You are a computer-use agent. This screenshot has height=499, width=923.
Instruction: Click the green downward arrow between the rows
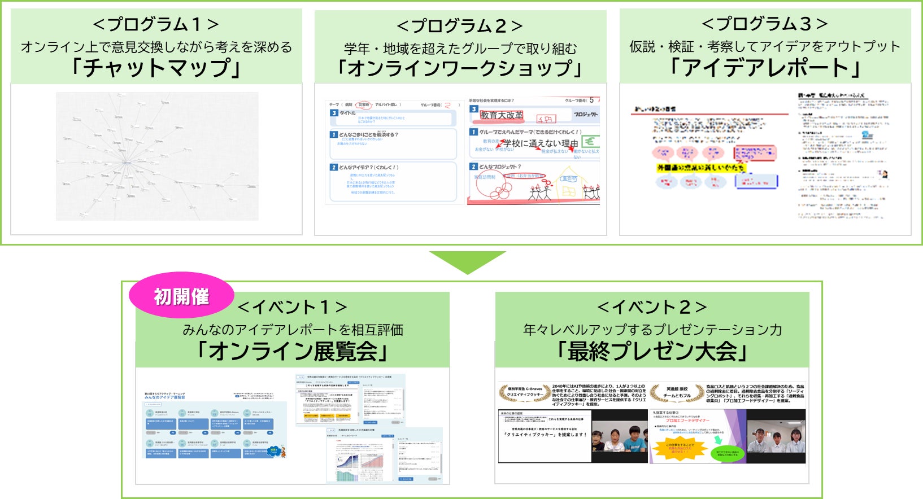click(x=467, y=261)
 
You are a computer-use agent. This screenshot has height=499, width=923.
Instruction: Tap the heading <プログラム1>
click(x=156, y=24)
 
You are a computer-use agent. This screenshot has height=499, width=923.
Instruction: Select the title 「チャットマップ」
click(x=156, y=68)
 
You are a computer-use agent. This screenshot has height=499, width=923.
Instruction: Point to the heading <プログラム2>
click(x=460, y=26)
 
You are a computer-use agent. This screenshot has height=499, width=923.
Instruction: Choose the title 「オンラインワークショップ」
click(x=460, y=68)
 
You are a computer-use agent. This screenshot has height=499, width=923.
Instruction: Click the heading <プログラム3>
click(x=765, y=24)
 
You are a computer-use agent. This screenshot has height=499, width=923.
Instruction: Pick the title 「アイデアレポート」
click(x=765, y=68)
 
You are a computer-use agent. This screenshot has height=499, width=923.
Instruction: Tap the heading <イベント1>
click(x=292, y=307)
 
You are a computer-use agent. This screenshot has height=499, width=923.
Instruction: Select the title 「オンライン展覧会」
click(x=292, y=352)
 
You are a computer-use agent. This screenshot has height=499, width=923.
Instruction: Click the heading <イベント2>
click(x=652, y=307)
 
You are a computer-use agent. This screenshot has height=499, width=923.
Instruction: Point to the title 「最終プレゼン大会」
click(x=652, y=352)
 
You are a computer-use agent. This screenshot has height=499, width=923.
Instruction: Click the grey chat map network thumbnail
click(x=157, y=156)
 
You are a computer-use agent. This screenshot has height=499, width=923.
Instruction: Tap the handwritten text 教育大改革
click(x=502, y=115)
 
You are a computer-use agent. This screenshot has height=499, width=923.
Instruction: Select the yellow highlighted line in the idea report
click(x=700, y=168)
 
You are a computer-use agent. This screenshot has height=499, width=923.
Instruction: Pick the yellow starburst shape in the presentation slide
click(x=680, y=449)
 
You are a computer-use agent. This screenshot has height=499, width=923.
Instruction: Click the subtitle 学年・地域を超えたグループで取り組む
click(x=460, y=49)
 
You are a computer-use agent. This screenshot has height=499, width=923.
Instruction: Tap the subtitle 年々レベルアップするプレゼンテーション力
click(x=652, y=330)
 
